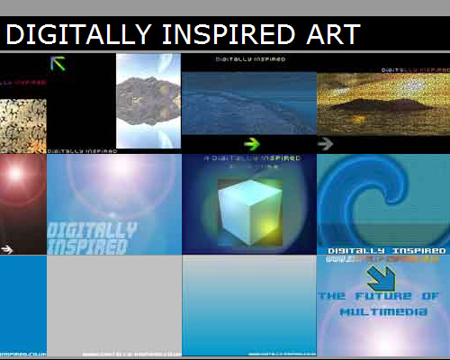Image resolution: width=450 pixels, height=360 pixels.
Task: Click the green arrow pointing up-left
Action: click(x=59, y=63)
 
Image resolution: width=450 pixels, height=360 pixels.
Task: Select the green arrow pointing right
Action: click(x=252, y=142)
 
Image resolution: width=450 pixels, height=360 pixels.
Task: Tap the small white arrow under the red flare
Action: click(x=7, y=248)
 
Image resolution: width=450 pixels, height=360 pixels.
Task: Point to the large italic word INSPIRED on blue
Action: click(x=87, y=246)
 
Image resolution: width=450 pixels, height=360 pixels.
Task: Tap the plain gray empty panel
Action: click(x=114, y=301)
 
